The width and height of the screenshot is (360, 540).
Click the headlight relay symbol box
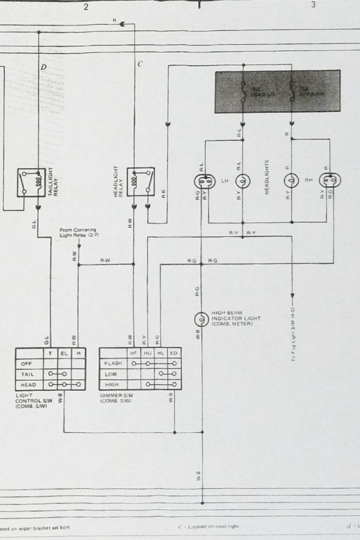point(141,181)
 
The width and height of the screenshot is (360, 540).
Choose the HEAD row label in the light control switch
point(27,385)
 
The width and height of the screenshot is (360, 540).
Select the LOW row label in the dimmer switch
point(110,374)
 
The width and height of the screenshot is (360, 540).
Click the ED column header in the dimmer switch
point(173,353)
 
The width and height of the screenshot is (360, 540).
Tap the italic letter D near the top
point(43,67)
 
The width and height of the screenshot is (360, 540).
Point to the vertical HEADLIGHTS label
point(267,177)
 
